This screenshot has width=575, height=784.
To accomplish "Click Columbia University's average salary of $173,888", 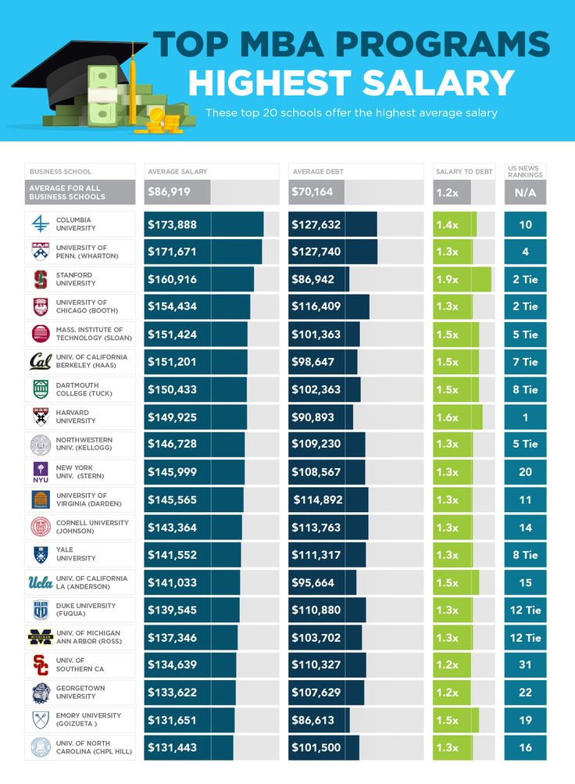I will pos(172,225).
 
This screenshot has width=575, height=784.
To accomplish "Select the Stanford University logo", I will pos(40,279).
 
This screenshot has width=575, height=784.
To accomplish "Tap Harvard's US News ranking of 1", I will pos(525,417).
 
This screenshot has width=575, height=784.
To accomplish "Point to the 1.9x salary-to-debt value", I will pos(447,280).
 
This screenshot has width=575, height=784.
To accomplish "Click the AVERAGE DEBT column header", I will pos(317,171).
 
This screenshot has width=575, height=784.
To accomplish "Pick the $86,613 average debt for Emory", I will pos(316,719).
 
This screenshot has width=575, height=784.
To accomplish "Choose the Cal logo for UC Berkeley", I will pos(40,361).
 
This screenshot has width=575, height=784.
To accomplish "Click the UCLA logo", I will pos(40,582).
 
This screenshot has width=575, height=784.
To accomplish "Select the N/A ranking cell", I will pos(525,192).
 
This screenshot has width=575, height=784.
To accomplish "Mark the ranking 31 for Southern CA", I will pos(525,665).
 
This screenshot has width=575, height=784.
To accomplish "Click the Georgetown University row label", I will pos(80,693).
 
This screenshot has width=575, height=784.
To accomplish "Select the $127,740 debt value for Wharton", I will pos(316,252).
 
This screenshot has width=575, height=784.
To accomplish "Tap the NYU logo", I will pos(40,472).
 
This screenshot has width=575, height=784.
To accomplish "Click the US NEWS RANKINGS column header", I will pos(525,171).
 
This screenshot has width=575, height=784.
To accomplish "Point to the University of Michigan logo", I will pos(40,637).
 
